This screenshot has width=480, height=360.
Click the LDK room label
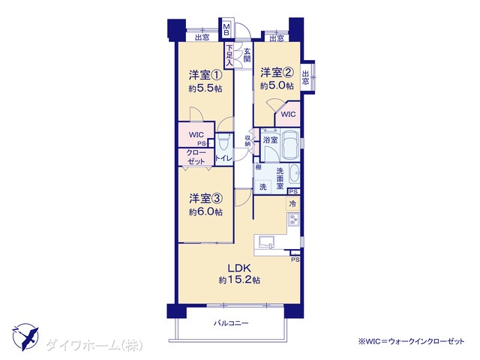click(x=239, y=268)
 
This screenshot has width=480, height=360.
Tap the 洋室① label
click(x=205, y=75)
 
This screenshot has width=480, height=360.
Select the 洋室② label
click(x=277, y=73)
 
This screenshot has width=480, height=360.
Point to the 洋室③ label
click(x=205, y=198)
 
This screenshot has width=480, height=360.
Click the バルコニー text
click(x=231, y=323)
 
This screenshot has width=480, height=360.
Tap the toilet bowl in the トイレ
click(x=223, y=142)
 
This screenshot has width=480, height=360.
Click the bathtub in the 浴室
click(x=290, y=144)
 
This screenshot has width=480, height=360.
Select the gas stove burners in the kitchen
click(x=293, y=220)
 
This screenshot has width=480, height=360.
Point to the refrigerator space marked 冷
click(x=292, y=203)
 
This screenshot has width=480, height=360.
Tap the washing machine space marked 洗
click(x=262, y=187)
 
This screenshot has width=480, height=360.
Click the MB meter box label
click(x=226, y=29)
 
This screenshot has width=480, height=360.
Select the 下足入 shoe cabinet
click(x=229, y=55)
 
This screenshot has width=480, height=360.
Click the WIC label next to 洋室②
click(x=288, y=115)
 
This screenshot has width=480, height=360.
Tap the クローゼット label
click(x=196, y=157)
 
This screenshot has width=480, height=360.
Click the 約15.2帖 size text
click(x=239, y=280)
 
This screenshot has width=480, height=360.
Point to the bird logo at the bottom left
click(x=25, y=337)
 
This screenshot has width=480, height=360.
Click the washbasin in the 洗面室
click(x=295, y=175)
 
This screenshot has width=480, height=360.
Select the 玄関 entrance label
click(x=247, y=55)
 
